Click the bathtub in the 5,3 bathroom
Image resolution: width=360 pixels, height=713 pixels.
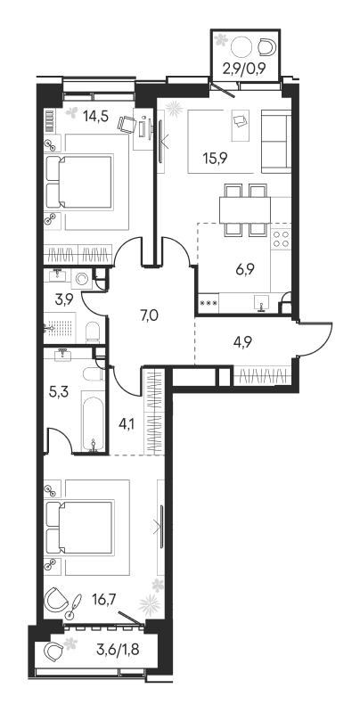point(94,422)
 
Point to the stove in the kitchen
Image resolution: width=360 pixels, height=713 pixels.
point(282,238)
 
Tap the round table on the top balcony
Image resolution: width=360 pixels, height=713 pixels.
point(241,46)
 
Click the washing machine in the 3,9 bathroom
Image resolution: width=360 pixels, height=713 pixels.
point(84,278)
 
